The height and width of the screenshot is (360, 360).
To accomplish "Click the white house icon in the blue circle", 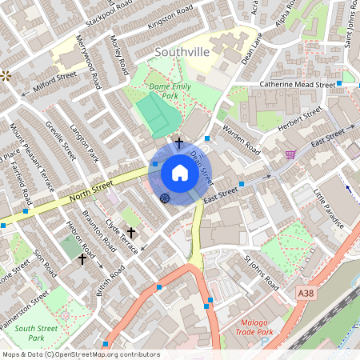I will coord(179,173).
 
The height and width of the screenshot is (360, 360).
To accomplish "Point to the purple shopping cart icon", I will coord(290,154).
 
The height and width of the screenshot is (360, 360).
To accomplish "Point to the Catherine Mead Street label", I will coord(296,84).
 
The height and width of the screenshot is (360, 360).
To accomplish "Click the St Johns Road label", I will coord(261,272).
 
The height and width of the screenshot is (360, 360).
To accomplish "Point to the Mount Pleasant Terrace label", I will coord(28,153).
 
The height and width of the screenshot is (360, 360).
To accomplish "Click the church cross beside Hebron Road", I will coord(81,259).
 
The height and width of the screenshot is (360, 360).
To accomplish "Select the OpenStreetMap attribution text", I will coord(80,354).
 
